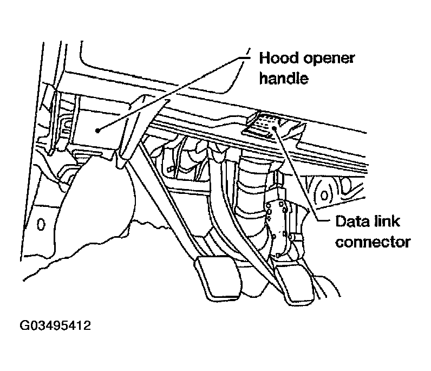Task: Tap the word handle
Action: (284, 79)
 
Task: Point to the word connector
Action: (373, 242)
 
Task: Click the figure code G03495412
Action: (56, 326)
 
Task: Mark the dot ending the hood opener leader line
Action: (96, 130)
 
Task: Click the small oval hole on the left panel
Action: (41, 223)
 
